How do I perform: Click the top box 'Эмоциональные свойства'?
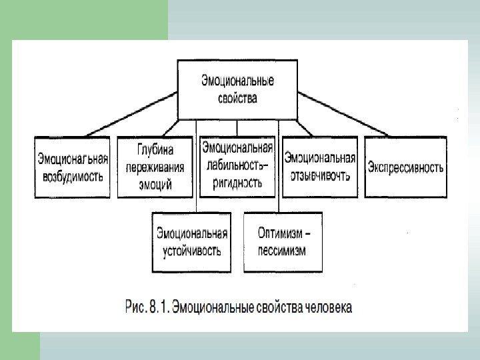pyautogui.click(x=237, y=89)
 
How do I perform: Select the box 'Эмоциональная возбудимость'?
pyautogui.click(x=73, y=167)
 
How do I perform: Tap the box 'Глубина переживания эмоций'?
pyautogui.click(x=154, y=167)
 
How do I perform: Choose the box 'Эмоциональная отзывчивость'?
pyautogui.click(x=319, y=167)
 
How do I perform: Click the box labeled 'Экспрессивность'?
pyautogui.click(x=405, y=167)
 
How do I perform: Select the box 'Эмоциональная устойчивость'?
pyautogui.click(x=192, y=242)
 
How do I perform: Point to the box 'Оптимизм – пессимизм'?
pyautogui.click(x=283, y=242)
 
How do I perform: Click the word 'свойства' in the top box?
pyautogui.click(x=237, y=98)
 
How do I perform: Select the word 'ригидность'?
pyautogui.click(x=237, y=181)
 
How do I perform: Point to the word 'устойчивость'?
pyautogui.click(x=192, y=251)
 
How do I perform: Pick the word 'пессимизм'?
pyautogui.click(x=282, y=251)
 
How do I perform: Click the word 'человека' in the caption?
pyautogui.click(x=330, y=307)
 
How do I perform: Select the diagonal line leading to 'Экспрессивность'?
pyautogui.click(x=343, y=114)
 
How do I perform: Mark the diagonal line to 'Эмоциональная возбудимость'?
pyautogui.click(x=130, y=115)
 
